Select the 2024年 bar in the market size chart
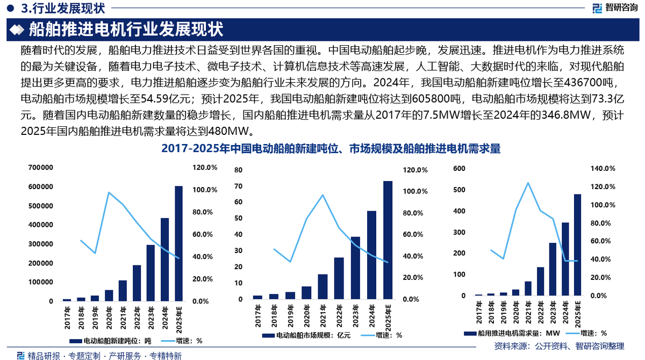(371, 255)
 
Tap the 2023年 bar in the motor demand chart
(553, 269)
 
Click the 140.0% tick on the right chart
(602, 169)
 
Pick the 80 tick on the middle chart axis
(239, 170)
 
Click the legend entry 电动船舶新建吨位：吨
(113, 341)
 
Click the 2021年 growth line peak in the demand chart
(528, 183)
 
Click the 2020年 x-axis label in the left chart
(109, 313)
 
